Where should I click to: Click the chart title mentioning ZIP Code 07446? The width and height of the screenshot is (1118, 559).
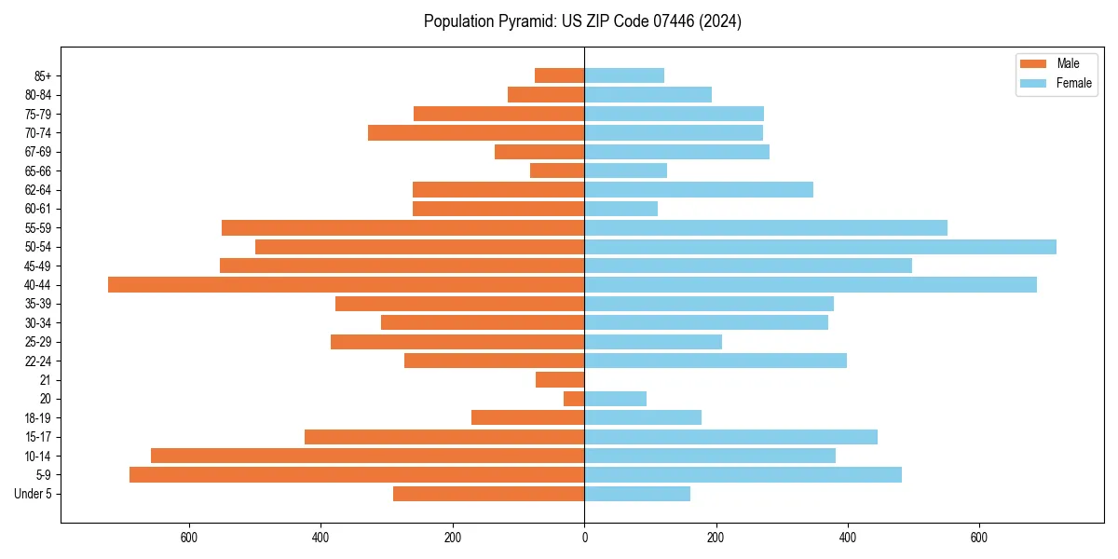point(582,21)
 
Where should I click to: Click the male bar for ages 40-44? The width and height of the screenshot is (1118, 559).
point(346,285)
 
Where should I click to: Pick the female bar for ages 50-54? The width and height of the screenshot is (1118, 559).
point(820,247)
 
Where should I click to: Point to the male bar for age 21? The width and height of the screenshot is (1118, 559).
point(560,380)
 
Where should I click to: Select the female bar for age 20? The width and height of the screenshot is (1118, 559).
point(615,399)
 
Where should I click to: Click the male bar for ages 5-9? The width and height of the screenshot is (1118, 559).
point(357,475)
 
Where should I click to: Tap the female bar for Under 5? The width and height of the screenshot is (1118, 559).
point(637,494)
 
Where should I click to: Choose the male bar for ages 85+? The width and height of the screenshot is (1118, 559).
point(559,75)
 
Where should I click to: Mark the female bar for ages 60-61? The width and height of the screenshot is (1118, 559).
point(620,209)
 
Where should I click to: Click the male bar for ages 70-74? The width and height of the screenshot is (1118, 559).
point(476,133)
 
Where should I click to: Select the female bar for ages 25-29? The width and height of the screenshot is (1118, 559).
point(653,342)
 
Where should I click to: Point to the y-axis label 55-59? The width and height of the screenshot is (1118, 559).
point(38,228)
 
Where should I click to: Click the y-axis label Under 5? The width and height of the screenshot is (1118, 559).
point(34,494)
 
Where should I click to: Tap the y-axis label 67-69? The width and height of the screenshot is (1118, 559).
point(38,152)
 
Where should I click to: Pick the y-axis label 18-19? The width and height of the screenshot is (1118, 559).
point(38,418)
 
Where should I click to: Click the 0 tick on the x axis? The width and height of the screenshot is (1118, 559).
point(584,538)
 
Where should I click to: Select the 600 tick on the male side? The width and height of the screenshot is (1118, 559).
point(189,538)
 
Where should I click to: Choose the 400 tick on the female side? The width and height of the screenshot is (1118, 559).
point(847,538)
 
